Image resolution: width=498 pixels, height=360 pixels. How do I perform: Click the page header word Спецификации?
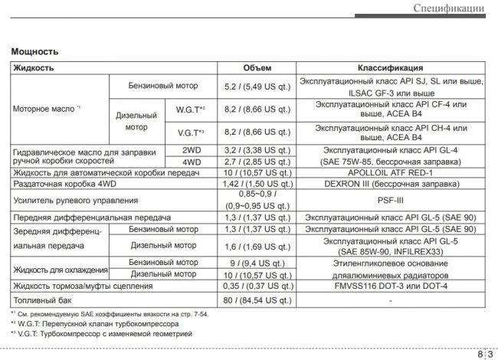pos(448,8)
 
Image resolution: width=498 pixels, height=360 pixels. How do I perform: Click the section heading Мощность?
pos(34,51)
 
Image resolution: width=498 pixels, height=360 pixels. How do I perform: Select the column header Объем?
pos(257,68)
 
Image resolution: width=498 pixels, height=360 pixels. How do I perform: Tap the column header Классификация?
pos(390,68)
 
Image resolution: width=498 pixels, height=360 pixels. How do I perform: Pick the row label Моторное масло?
pos(44,110)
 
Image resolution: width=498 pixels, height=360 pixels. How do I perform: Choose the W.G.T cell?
pos(190,110)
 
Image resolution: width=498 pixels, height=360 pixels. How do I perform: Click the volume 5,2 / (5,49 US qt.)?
pos(257,87)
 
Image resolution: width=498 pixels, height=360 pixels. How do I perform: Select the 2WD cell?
pos(190,151)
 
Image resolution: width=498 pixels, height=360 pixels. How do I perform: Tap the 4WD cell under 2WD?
pos(190,162)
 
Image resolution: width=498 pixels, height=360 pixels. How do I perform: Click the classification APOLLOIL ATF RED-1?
pos(390,174)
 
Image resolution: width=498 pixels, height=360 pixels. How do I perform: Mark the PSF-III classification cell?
pos(390,201)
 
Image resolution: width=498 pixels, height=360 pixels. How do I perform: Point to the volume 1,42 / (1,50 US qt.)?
pos(257,185)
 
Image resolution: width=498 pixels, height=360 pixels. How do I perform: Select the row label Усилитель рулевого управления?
pos(75,201)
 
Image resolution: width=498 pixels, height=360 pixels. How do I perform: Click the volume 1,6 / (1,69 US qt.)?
pos(257,246)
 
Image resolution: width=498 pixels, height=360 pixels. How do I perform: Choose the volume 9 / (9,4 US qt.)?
pos(257,263)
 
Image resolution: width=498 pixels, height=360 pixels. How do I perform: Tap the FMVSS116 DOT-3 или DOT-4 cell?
pos(390,286)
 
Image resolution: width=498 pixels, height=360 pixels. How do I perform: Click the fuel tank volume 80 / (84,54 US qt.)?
pos(257,299)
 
